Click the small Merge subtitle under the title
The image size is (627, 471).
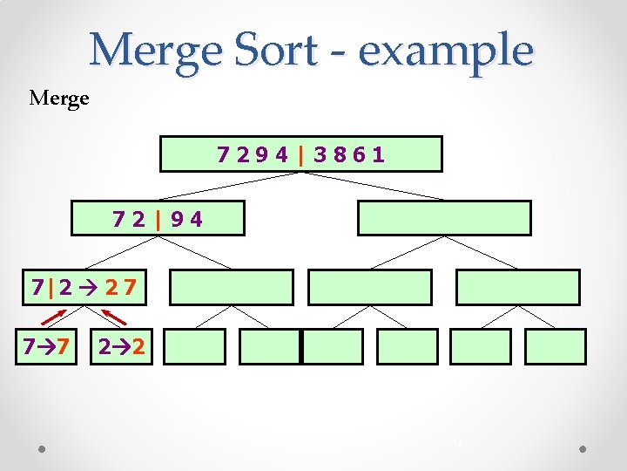[59, 98]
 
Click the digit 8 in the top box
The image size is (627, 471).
[340, 155]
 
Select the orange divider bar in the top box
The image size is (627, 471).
[300, 155]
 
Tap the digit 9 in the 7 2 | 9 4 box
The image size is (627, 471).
[178, 219]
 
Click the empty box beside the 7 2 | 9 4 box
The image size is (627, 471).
[444, 219]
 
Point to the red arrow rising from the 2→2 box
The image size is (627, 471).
[111, 314]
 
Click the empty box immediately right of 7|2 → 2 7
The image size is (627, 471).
[231, 287]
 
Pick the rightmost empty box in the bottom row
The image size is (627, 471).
[556, 346]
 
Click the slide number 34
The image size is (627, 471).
[456, 444]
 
